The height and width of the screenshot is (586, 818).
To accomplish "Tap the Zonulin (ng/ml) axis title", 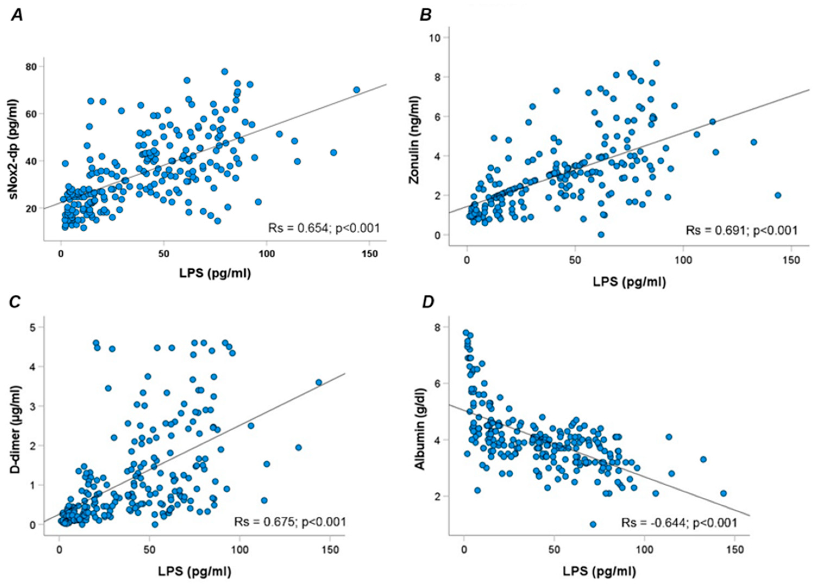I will coord(415,140).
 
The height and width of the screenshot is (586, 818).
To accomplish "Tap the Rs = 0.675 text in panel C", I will coord(290,522).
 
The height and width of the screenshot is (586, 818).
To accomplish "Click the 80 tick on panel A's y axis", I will coord(33,67).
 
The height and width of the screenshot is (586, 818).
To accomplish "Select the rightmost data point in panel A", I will coord(356,90).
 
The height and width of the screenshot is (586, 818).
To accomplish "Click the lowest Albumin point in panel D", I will coord(593,524).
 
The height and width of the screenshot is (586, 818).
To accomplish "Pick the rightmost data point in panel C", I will coord(319,383).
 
